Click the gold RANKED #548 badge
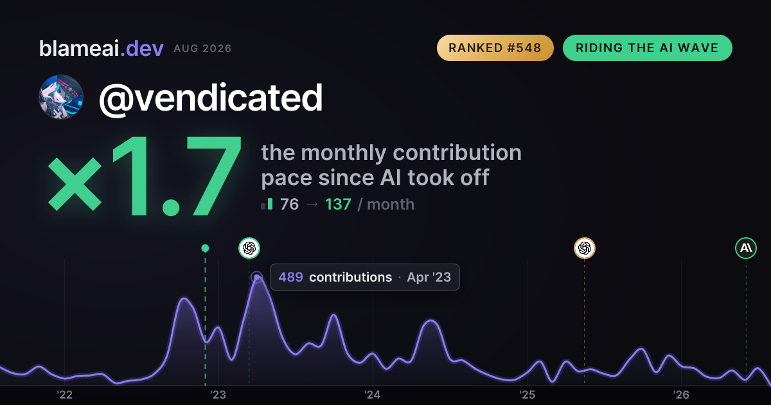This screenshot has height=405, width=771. [495, 48]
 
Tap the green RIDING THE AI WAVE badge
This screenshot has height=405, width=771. [647, 48]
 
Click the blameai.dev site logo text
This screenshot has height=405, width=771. [102, 49]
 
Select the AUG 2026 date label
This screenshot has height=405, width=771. [202, 49]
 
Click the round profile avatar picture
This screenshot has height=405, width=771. [61, 97]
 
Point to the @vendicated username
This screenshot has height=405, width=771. [211, 98]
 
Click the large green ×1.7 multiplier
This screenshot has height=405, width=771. [145, 175]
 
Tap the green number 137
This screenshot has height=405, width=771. [338, 204]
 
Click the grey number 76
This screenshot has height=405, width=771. [290, 204]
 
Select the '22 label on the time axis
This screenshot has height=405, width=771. [65, 395]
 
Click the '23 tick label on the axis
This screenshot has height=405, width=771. [218, 395]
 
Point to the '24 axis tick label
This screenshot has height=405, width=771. [373, 395]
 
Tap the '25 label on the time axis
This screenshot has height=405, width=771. [527, 395]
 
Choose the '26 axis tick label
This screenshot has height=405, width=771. [681, 395]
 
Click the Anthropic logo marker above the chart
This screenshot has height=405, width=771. [746, 248]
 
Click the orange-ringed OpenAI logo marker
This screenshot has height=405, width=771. [585, 248]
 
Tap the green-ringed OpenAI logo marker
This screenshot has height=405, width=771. [249, 248]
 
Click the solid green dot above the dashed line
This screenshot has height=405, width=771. [205, 248]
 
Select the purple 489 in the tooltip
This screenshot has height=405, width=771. [291, 277]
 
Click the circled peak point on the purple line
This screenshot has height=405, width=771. [257, 277]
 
